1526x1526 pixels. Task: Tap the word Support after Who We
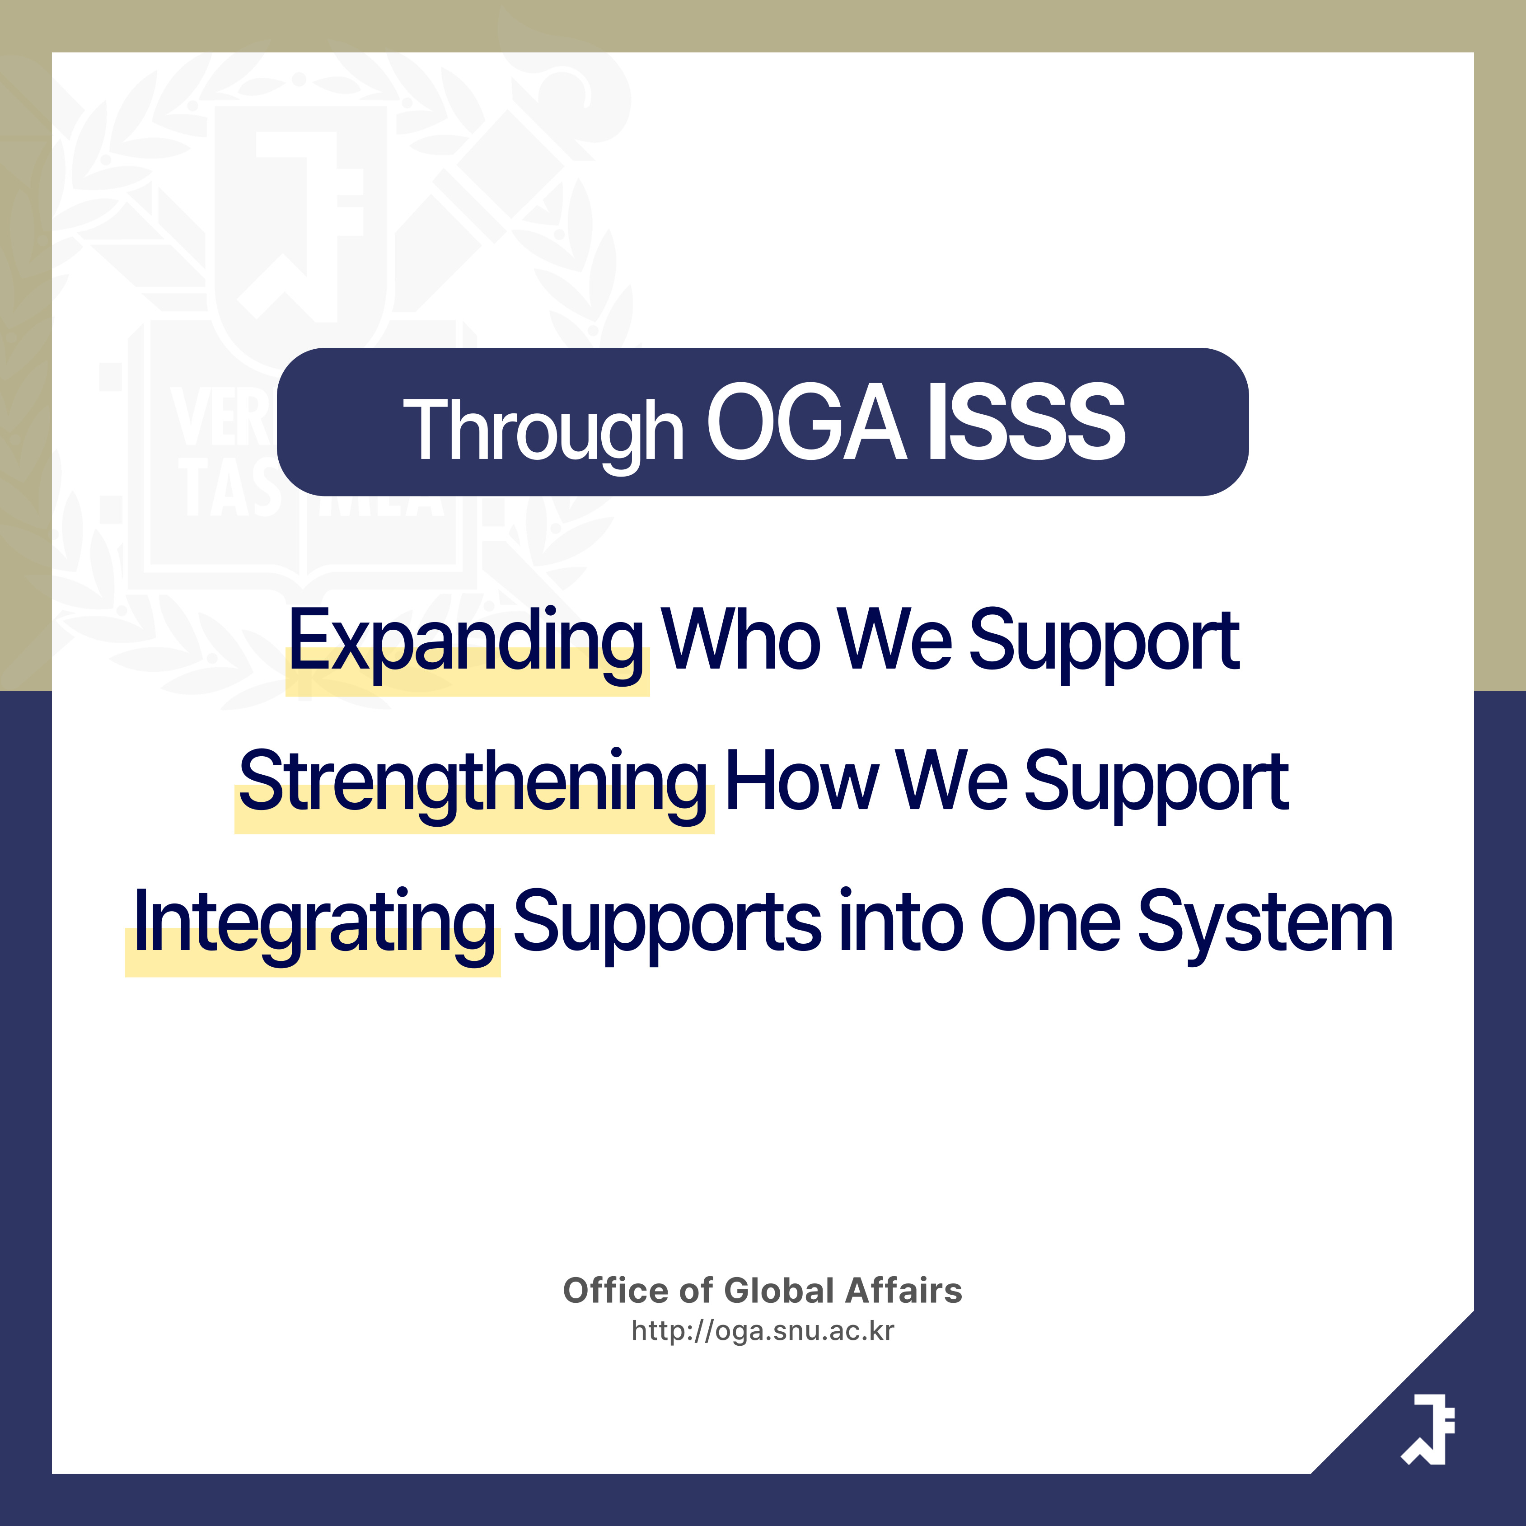1104,644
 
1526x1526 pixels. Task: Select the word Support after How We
1156,784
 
